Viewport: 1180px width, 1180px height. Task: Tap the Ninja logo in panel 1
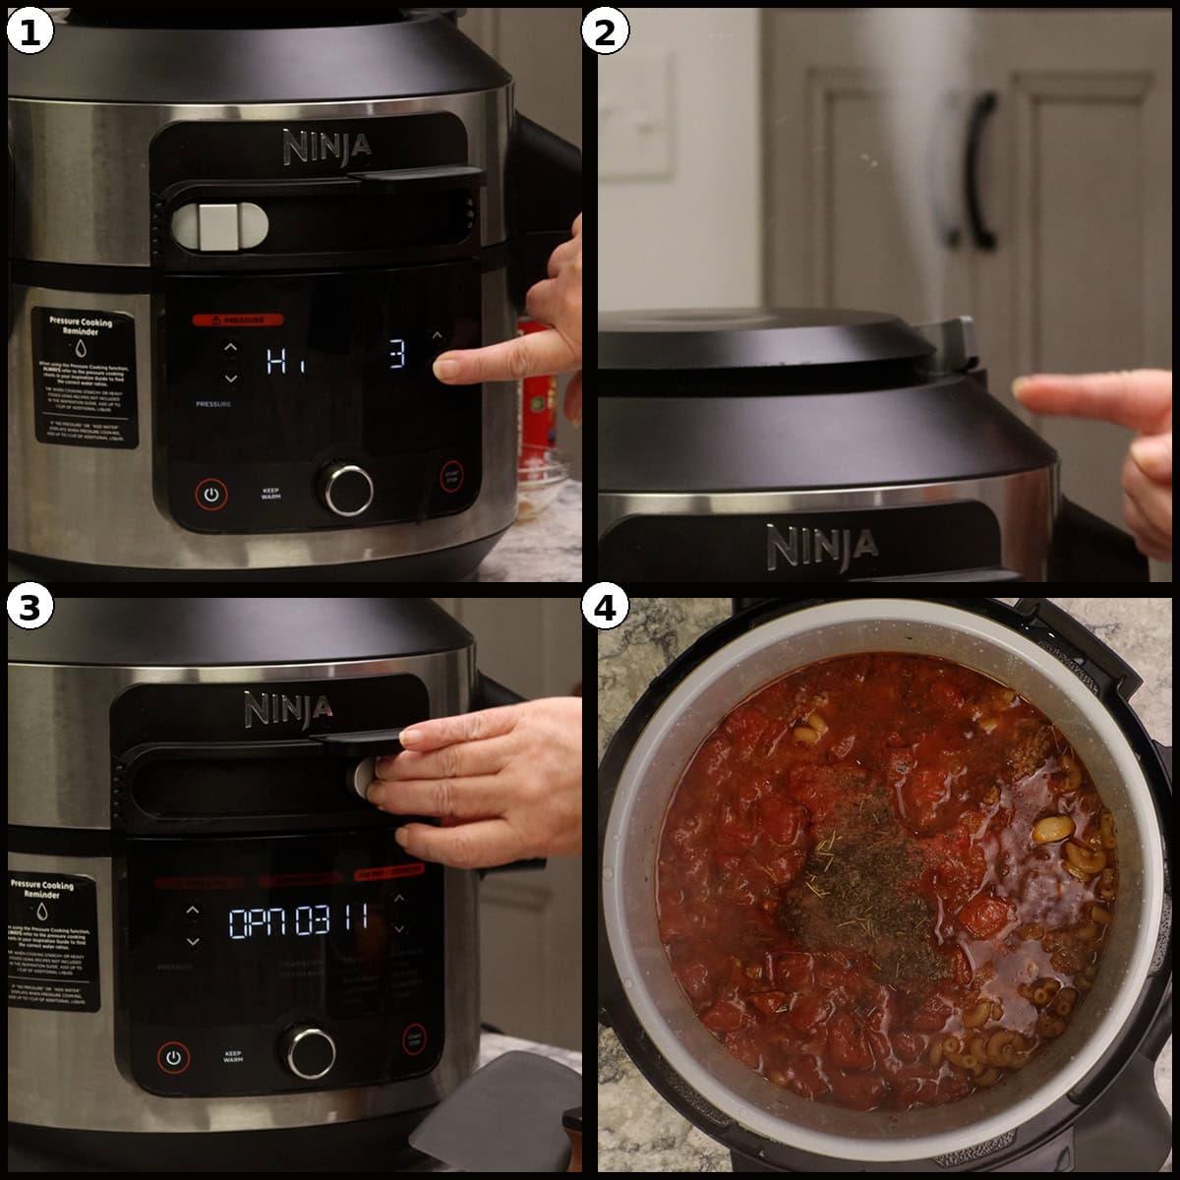[x=327, y=147]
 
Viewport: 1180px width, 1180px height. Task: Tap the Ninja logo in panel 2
[x=822, y=546]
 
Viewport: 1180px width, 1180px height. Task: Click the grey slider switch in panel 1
[x=219, y=225]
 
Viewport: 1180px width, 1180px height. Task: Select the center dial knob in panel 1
[x=348, y=488]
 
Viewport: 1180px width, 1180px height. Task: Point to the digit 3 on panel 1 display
[x=396, y=355]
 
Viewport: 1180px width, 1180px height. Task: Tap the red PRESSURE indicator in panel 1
[x=237, y=320]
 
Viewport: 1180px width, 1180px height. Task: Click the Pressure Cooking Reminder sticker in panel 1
[x=85, y=377]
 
